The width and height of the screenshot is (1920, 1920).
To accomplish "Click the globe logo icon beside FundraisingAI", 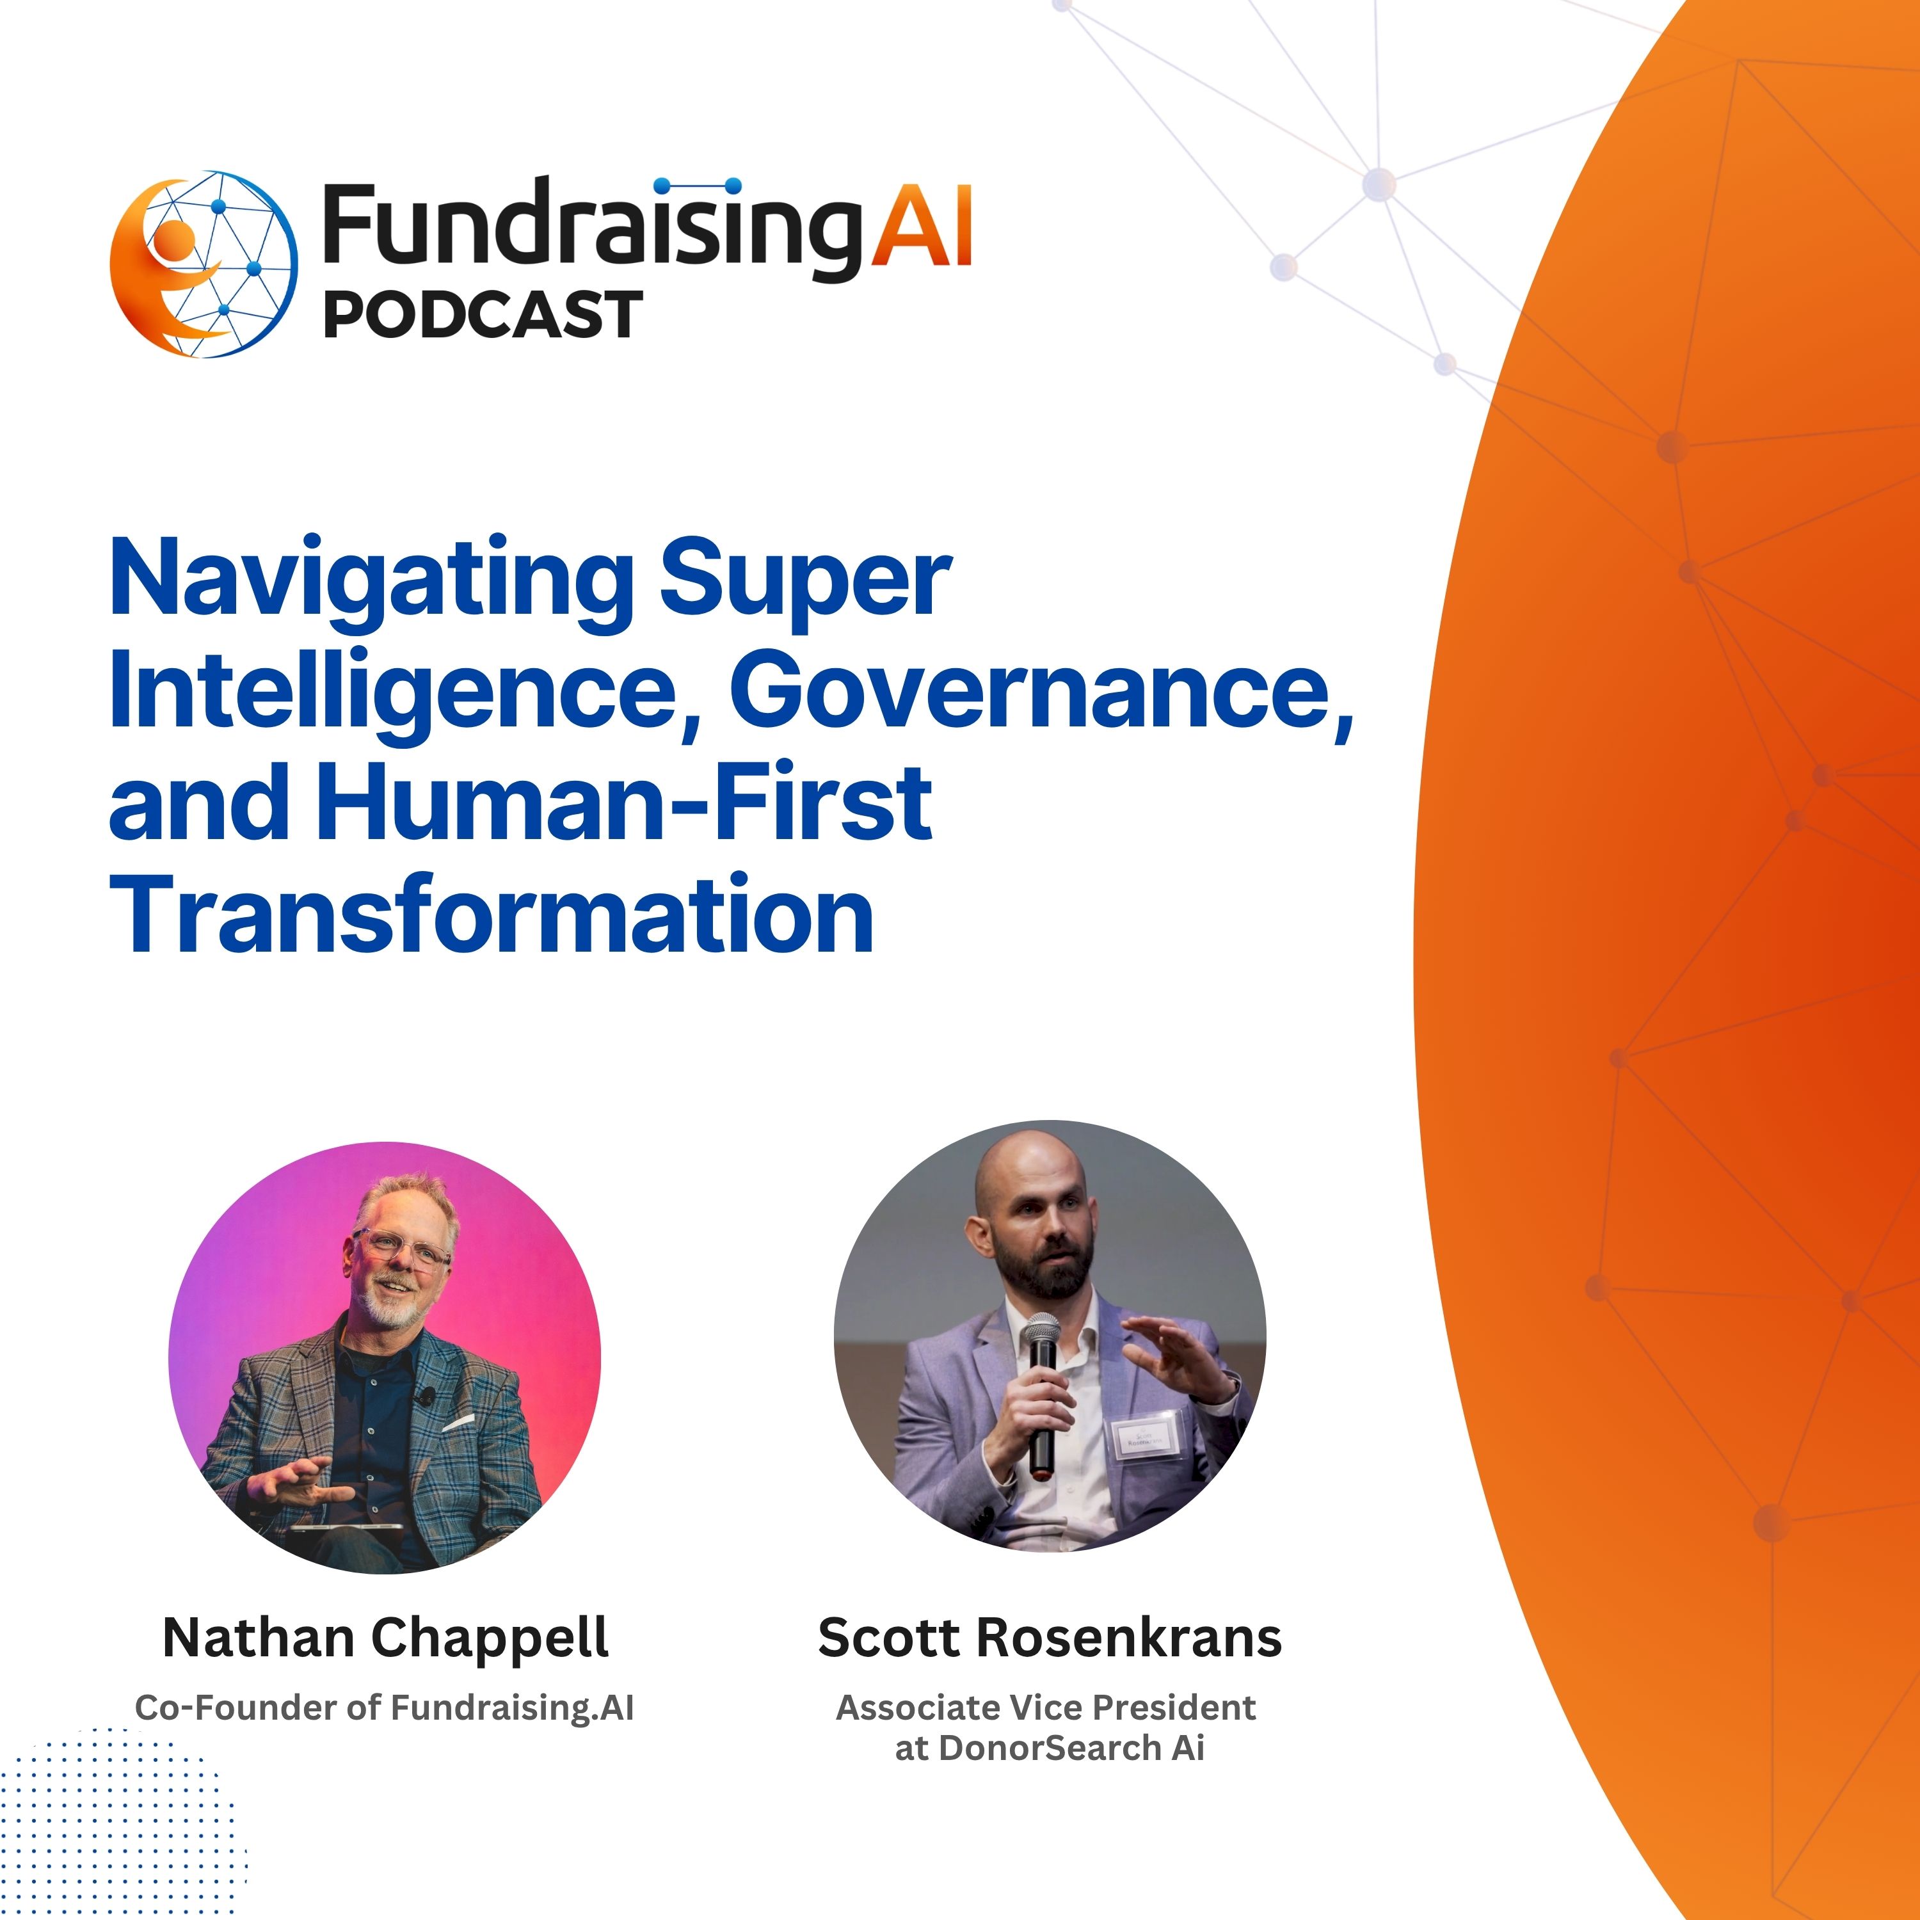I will point(204,263).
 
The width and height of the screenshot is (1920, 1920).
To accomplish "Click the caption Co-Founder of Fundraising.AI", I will point(383,1708).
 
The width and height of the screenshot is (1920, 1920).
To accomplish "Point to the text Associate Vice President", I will point(1046,1708).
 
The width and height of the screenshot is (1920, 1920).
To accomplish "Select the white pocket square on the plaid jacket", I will point(458,1423).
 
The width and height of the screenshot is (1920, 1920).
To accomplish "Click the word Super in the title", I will point(806,579).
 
